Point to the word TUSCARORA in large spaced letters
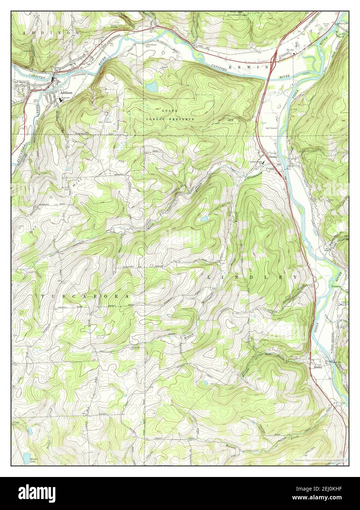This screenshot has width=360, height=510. click(85, 296)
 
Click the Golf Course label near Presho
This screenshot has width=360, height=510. click(272, 128)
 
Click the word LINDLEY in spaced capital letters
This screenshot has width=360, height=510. click(253, 277)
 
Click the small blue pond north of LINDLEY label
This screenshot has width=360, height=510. click(204, 219)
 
